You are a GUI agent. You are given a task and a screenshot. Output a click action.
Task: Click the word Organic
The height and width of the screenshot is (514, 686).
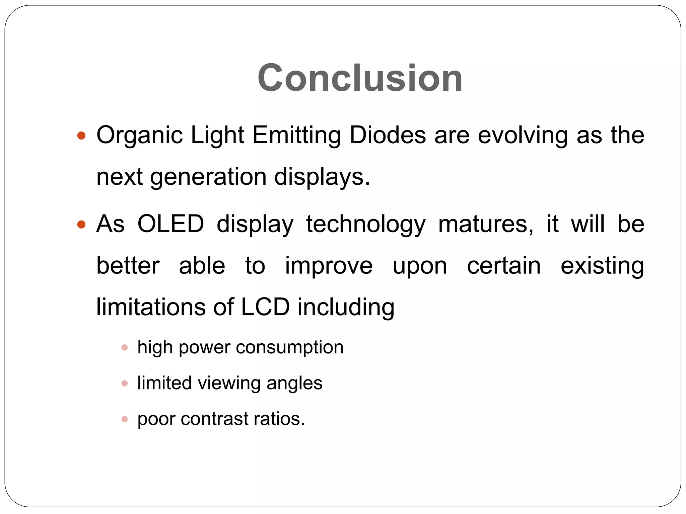point(139,136)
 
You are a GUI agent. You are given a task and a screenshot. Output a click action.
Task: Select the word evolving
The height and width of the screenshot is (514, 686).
point(523,136)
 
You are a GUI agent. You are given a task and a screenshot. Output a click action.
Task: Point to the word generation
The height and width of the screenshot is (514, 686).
point(208,177)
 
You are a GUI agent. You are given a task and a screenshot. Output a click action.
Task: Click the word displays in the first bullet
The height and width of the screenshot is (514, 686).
point(322,177)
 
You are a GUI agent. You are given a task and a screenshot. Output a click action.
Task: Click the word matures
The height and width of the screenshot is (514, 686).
point(486,224)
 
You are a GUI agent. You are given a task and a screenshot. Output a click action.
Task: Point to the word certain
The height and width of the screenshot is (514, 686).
point(503,266)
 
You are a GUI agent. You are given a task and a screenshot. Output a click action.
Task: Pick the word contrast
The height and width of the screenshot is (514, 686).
point(214,419)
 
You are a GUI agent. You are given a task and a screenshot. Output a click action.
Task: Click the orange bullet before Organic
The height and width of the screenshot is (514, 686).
point(81,136)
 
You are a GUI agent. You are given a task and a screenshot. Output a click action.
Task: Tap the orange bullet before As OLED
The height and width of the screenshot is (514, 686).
point(81,224)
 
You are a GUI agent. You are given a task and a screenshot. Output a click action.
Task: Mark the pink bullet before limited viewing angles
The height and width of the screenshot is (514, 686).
point(125,383)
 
